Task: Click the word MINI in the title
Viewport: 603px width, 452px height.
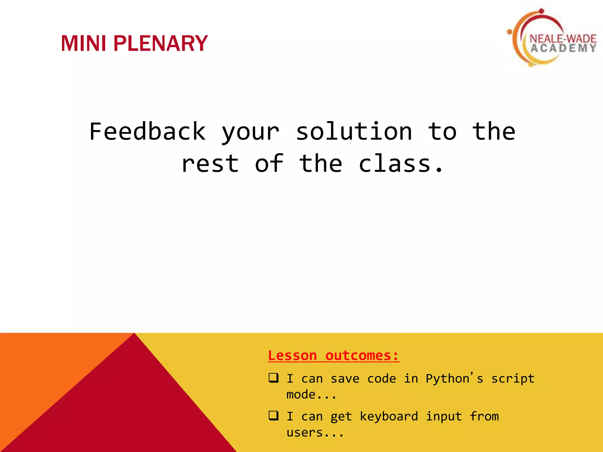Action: tap(83, 44)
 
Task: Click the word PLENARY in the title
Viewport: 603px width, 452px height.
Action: tap(160, 44)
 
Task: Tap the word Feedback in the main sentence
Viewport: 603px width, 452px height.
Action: tap(147, 132)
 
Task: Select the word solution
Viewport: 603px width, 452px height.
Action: tap(354, 132)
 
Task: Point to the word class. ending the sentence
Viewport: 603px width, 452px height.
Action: tap(400, 164)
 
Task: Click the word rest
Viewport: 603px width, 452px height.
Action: tap(210, 164)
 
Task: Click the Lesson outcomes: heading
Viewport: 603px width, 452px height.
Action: tap(333, 355)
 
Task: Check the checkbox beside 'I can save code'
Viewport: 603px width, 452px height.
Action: tap(274, 378)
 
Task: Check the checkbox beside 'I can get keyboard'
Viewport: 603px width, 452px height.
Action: tap(274, 416)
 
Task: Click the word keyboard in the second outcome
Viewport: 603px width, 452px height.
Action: tap(389, 416)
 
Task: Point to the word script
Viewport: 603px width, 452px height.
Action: tap(513, 379)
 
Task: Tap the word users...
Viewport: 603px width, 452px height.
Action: tap(305, 433)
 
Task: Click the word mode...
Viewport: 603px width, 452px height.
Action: tap(301, 395)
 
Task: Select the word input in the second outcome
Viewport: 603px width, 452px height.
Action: tap(444, 416)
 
